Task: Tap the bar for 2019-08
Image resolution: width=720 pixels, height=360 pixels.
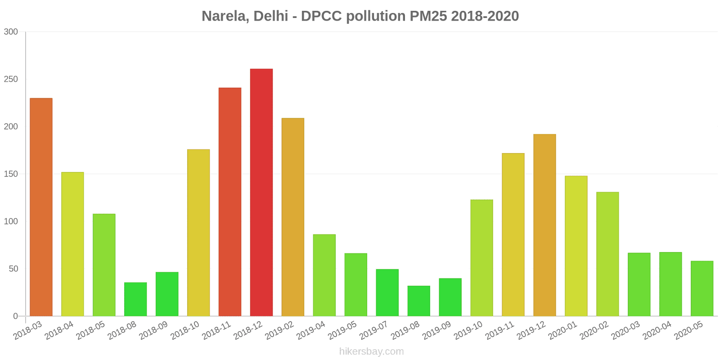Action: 419,301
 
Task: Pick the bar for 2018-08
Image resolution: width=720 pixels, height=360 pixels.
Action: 135,299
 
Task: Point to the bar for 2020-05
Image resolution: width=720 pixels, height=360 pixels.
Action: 702,288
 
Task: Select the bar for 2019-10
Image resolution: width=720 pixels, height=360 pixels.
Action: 481,258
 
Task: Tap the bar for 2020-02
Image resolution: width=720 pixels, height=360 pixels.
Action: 607,254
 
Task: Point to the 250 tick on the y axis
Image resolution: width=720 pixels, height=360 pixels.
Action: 11,79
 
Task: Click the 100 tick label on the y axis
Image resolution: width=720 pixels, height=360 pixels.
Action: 11,221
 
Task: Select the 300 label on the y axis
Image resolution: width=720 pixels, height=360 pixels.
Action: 11,31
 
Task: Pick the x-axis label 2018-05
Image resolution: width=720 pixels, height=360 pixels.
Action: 91,331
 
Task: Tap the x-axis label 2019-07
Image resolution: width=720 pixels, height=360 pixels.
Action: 374,331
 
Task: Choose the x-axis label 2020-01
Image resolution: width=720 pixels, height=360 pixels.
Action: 563,331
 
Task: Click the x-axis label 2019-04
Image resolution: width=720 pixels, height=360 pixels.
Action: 311,331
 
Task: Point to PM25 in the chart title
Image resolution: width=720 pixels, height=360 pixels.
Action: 428,16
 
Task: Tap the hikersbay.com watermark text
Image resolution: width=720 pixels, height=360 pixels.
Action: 371,351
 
